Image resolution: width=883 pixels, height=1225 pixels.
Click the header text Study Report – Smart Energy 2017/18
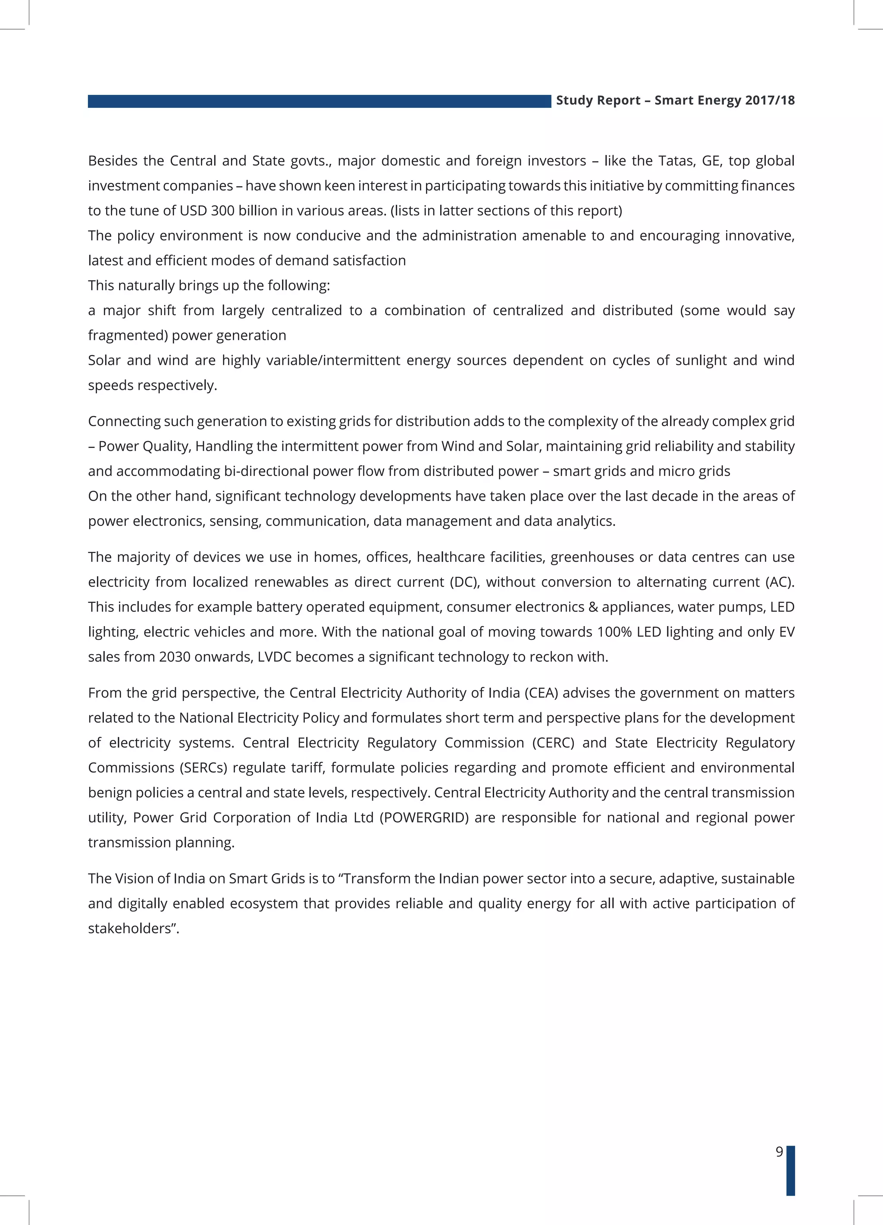tap(675, 100)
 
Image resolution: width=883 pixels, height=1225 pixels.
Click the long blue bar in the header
tap(319, 101)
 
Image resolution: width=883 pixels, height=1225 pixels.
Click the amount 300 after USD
tap(222, 211)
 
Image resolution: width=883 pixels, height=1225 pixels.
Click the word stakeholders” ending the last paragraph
tap(133, 928)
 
